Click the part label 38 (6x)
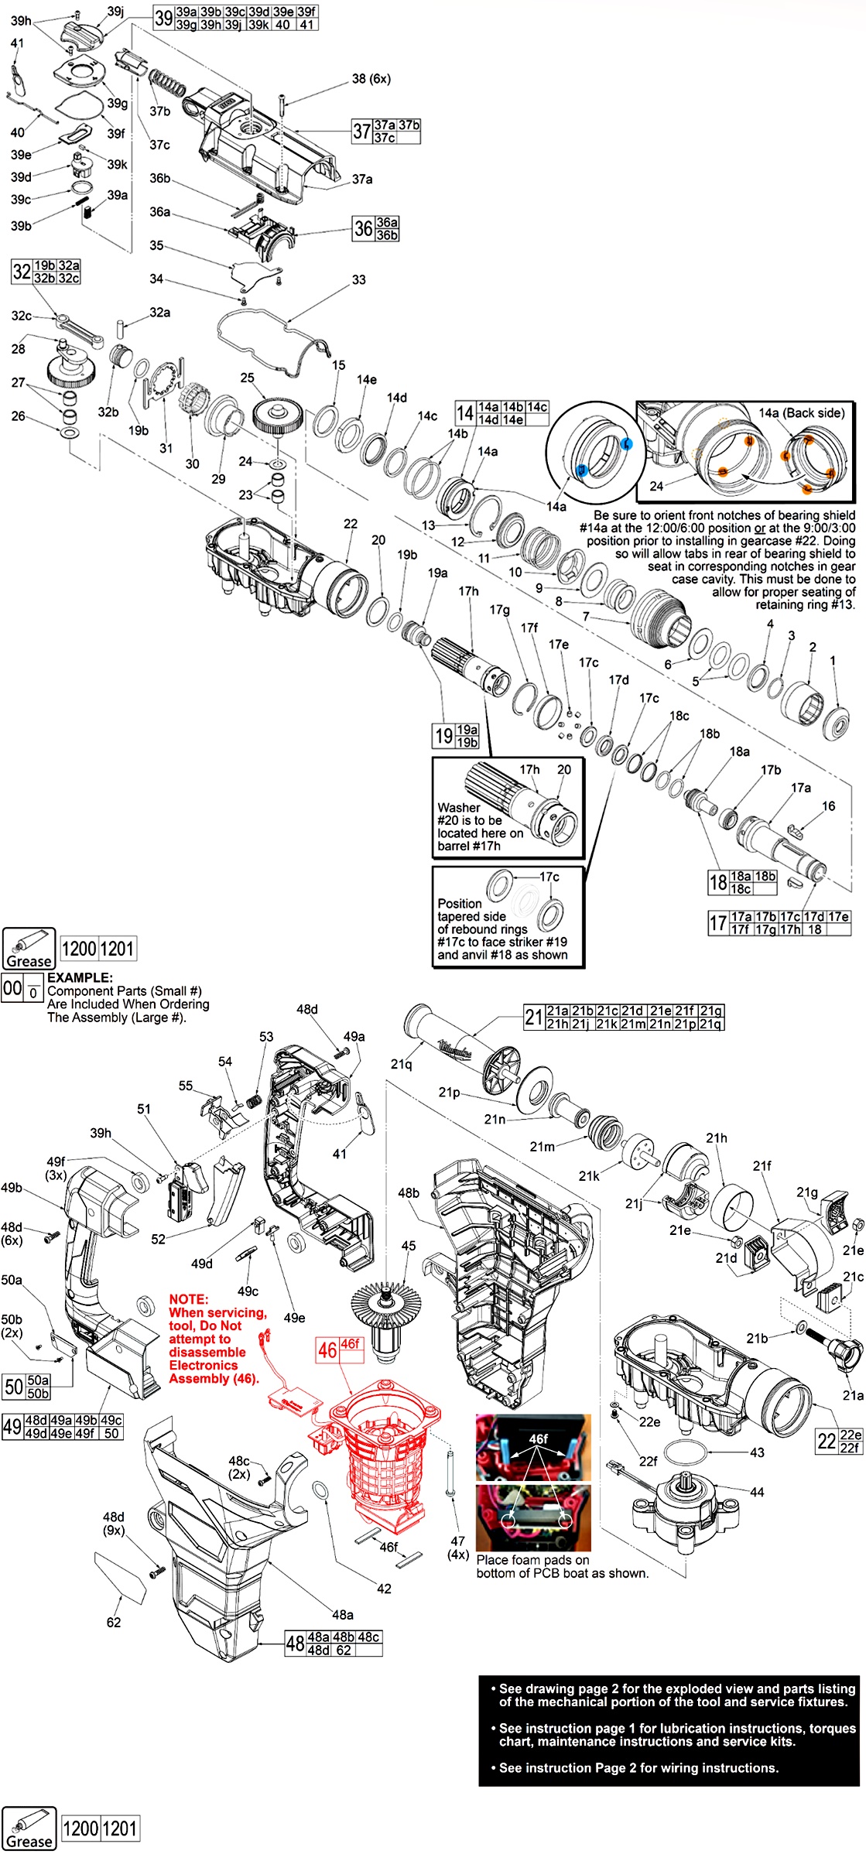click(371, 79)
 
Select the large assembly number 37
click(361, 131)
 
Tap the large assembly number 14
click(464, 413)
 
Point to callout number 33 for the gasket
click(358, 280)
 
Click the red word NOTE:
click(189, 1299)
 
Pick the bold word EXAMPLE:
click(80, 978)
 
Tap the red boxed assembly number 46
click(327, 1350)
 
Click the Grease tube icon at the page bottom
click(29, 1828)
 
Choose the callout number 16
click(828, 806)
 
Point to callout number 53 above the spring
click(266, 1037)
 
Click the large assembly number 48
click(295, 1644)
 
